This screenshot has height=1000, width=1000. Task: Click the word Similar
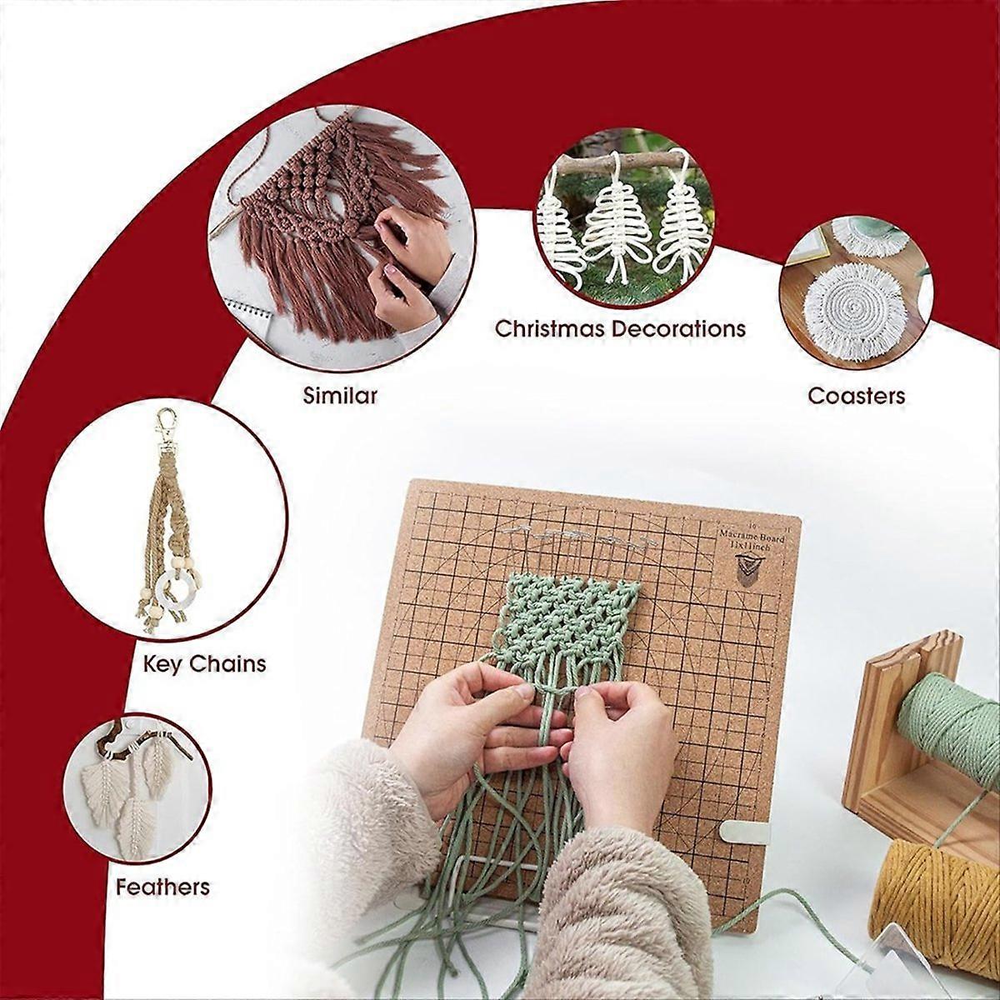tap(339, 395)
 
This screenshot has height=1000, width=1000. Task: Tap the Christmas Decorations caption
tap(620, 328)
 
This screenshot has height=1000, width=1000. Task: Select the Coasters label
tap(856, 395)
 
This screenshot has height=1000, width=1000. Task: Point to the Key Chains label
tap(205, 663)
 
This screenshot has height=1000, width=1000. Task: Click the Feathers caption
tap(162, 886)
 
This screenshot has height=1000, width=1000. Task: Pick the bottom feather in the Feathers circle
tap(133, 825)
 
